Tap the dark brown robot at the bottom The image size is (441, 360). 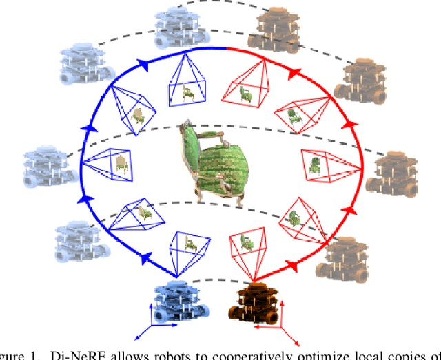(256, 303)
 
